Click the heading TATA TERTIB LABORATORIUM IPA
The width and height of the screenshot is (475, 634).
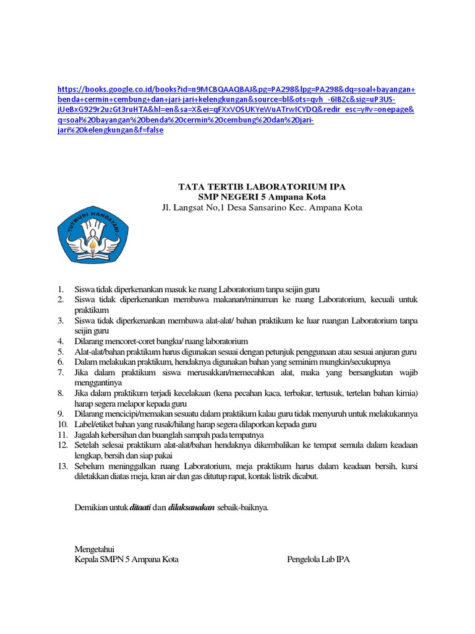coord(262,186)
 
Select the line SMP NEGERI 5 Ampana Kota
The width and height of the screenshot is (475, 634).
coord(262,196)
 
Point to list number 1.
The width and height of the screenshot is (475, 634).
coord(61,289)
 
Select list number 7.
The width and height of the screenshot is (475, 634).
coord(61,372)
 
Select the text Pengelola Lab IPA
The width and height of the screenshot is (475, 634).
coord(319,560)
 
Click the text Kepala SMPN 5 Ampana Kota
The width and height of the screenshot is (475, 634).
coord(126,560)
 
